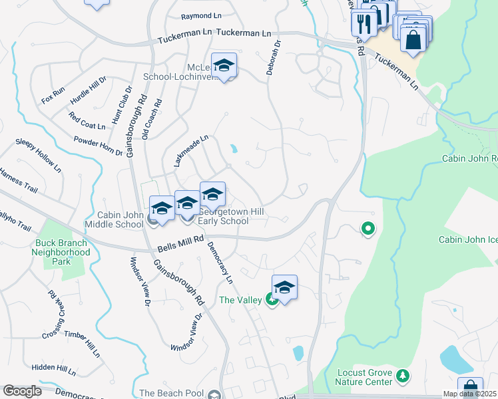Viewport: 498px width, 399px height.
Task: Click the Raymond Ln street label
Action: point(200,15)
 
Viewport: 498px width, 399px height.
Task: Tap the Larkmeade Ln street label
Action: point(191,150)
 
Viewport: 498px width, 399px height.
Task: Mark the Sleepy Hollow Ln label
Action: point(39,152)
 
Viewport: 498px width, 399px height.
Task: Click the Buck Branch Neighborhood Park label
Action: point(63,252)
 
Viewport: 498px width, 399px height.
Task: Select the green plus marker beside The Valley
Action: point(272,301)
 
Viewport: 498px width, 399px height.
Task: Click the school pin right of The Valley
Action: point(284,287)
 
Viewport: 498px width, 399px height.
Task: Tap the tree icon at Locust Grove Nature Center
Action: point(402,377)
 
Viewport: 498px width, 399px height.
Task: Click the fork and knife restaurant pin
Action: point(364,25)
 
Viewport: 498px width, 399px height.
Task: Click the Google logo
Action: point(22,391)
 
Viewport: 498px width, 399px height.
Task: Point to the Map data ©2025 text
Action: point(469,394)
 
